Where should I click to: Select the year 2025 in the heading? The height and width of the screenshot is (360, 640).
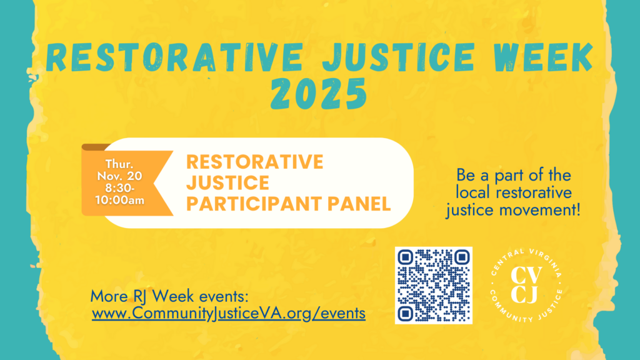(x=319, y=95)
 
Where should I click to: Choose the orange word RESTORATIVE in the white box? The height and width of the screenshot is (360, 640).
(x=255, y=162)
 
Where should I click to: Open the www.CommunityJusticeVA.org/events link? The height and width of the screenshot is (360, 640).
(x=228, y=313)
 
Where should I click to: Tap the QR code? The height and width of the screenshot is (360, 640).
(x=433, y=285)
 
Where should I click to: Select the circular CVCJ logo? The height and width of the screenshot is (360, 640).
(x=526, y=285)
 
